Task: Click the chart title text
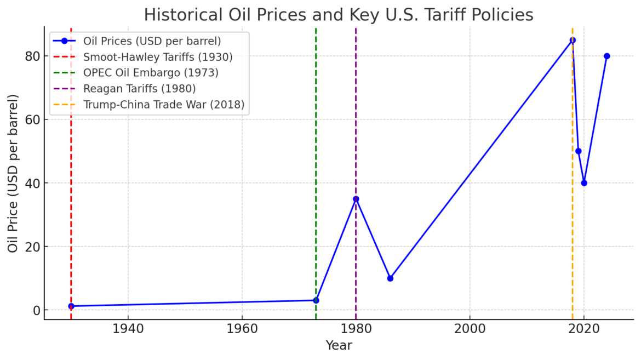(338, 15)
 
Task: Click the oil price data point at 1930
(71, 306)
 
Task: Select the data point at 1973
(316, 300)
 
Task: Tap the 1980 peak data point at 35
(356, 199)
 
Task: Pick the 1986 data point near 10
(390, 278)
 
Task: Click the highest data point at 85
(573, 40)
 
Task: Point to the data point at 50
(579, 151)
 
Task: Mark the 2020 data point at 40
(584, 183)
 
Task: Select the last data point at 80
(607, 56)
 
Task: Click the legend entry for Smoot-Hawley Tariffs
(158, 57)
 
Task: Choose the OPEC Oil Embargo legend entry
(151, 73)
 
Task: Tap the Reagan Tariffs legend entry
(139, 89)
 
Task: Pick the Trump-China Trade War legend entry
(163, 105)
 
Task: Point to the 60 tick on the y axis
(32, 119)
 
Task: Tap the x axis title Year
(339, 346)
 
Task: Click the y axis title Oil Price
(13, 173)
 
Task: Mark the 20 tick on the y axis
(32, 247)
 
